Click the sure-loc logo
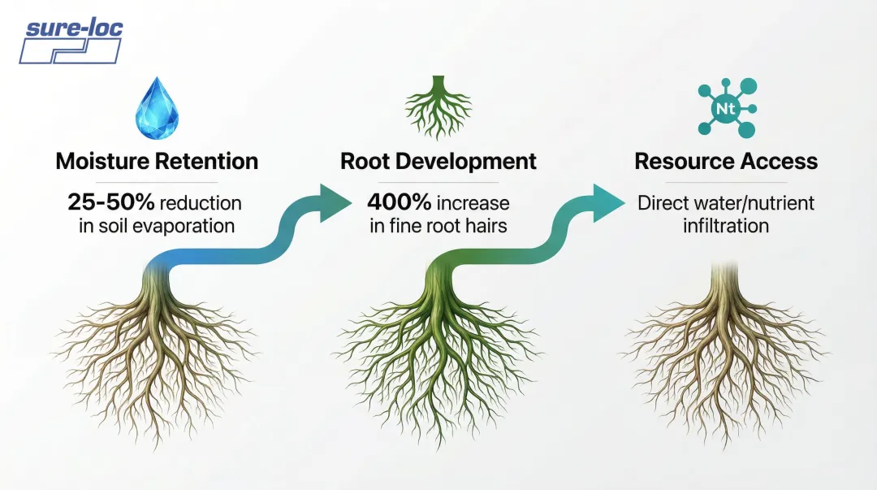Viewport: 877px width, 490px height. coord(71,41)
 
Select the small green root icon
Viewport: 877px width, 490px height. coord(438,106)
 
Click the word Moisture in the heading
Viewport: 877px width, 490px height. coord(104,161)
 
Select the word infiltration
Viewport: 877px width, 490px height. coord(725,225)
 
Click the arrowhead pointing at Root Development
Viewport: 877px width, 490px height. coord(334,202)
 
